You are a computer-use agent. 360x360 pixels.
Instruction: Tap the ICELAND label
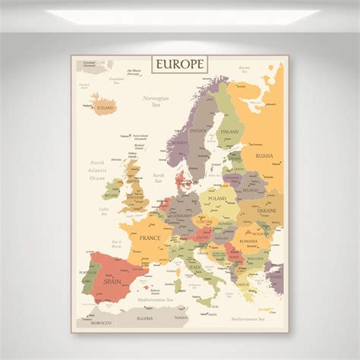coord(104,108)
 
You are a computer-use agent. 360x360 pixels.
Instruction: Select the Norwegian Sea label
coord(156,102)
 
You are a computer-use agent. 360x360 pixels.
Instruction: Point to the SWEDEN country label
coord(198,130)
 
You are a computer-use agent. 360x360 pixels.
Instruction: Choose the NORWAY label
coord(179,143)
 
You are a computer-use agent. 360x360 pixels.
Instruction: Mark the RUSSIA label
coord(264,156)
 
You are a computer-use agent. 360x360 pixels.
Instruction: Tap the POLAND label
coord(217,198)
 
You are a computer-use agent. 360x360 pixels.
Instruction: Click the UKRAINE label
coord(267,210)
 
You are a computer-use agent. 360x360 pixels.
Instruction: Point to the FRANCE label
coord(150,238)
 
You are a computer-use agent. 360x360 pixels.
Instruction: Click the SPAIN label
coord(113,281)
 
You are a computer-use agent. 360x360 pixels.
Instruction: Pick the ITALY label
coord(195,267)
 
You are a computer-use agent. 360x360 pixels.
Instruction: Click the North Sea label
coord(158,178)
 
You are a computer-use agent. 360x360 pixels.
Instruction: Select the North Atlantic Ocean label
coord(97,170)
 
